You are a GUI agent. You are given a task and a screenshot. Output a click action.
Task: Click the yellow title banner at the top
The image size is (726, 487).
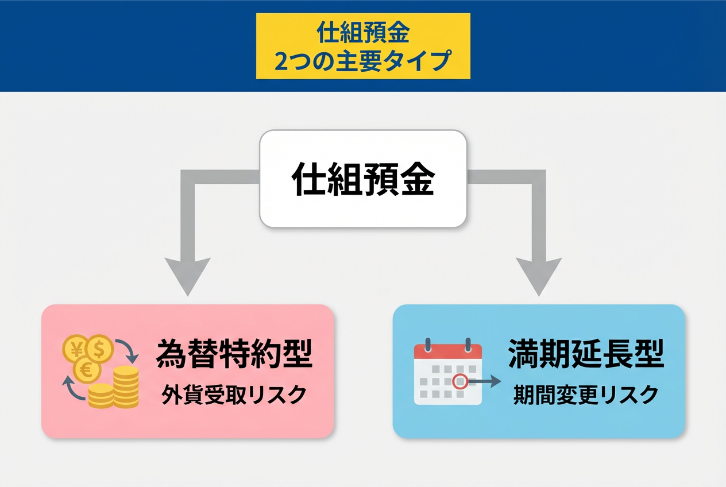click(363, 46)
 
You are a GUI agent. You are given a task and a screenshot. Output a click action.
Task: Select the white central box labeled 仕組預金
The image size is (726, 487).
click(363, 178)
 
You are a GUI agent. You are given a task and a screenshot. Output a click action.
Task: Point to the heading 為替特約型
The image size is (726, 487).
click(234, 354)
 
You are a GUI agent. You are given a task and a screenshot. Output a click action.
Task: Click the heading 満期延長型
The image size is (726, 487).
click(586, 354)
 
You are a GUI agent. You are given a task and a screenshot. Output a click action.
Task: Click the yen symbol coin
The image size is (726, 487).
click(75, 347)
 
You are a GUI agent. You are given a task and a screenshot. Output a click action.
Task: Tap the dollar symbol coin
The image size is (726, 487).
click(100, 347)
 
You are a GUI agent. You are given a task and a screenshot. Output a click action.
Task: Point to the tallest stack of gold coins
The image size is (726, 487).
click(126, 386)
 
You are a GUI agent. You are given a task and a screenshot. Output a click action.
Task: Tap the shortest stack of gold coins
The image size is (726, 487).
click(101, 396)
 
